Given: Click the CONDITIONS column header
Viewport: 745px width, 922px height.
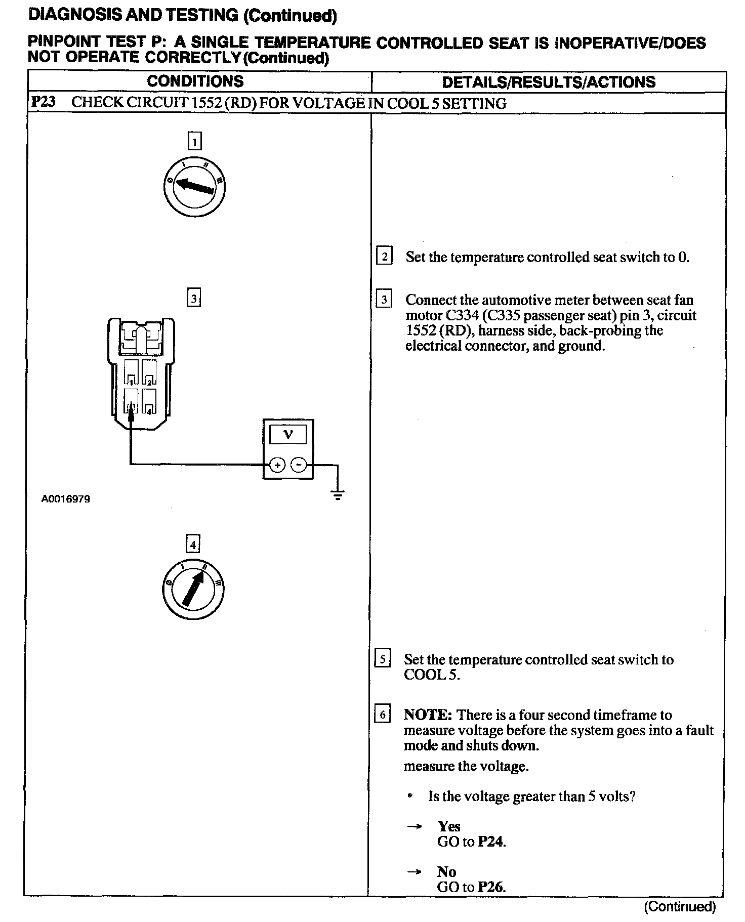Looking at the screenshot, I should coord(195,81).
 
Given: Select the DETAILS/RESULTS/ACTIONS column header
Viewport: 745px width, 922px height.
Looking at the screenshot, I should coord(549,82).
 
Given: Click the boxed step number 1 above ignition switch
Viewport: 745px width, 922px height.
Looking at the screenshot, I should coord(195,141).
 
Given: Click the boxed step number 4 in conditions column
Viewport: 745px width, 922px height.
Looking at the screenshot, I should coord(193,544).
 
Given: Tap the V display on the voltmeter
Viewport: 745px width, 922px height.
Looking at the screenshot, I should coord(288,434).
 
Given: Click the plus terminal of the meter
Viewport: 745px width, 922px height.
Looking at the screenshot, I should coord(277,465).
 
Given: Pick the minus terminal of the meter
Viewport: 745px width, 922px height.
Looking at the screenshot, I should coord(300,465).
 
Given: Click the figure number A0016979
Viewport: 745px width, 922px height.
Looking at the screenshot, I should coord(66,499).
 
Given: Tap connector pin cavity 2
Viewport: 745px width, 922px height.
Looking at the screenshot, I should coord(149,373).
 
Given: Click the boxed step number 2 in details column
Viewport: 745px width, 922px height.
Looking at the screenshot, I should coord(384,257).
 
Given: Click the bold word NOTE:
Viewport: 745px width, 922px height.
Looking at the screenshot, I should coord(427,715).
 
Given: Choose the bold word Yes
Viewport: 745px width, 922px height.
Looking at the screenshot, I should coord(449,826).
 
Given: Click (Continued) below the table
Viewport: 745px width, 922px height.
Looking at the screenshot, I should coord(680,906).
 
